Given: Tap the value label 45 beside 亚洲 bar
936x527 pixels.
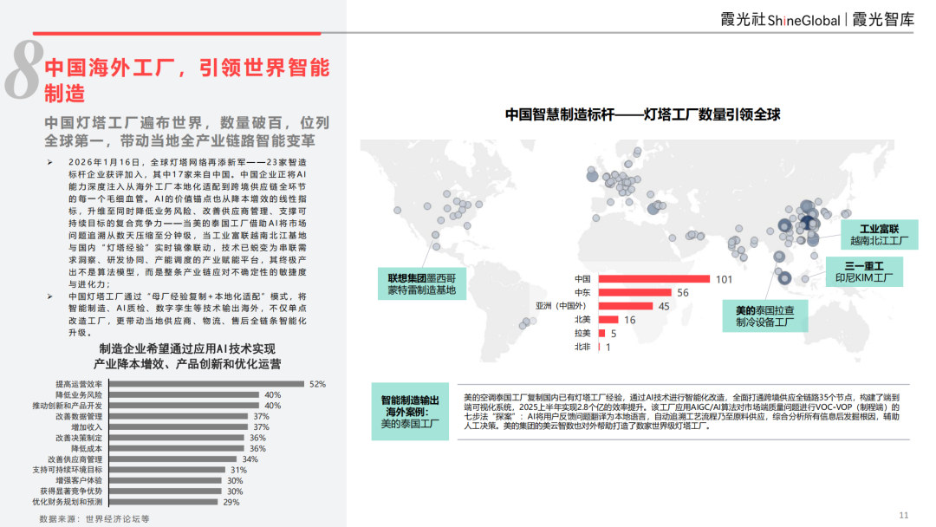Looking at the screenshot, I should (x=665, y=307).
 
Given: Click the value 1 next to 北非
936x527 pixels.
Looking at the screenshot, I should (x=608, y=348).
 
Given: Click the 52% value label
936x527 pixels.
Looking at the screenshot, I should (x=317, y=384).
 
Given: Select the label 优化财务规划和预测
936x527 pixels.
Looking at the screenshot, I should (x=68, y=502).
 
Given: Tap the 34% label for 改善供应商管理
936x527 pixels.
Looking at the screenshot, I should (x=250, y=459).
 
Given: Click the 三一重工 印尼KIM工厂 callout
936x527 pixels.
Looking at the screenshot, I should (x=862, y=272).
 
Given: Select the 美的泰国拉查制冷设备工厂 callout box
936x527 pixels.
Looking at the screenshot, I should (x=765, y=316).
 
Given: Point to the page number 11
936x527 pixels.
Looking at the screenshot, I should (x=904, y=514).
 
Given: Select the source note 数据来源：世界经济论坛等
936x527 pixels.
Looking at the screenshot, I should (x=85, y=518).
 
